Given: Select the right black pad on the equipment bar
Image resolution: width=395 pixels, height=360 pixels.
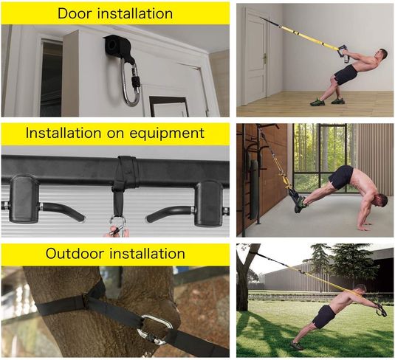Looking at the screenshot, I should pyautogui.click(x=207, y=200).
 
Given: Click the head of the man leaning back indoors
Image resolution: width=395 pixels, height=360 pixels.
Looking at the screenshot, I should pyautogui.click(x=379, y=57).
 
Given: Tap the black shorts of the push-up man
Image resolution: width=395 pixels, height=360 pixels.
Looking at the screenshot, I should pyautogui.click(x=341, y=177).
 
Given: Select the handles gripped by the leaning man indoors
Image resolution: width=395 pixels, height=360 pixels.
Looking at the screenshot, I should pyautogui.click(x=343, y=55).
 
